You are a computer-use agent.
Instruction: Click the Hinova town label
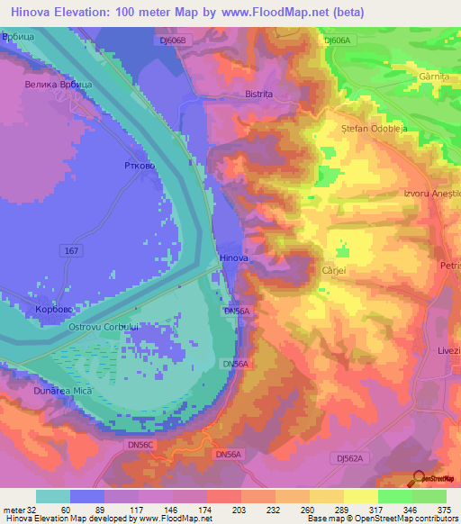(x=234, y=258)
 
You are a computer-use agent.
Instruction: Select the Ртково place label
(x=138, y=167)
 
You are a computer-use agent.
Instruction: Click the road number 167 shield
(x=72, y=248)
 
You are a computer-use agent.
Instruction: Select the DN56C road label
(x=142, y=445)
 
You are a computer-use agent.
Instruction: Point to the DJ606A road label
(x=337, y=41)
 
